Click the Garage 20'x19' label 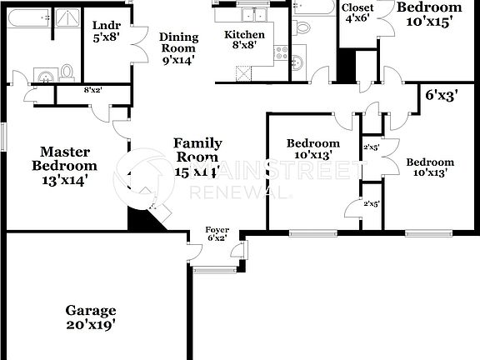coord(90,317)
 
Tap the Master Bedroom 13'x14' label coord(64,164)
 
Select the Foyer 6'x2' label coord(217,233)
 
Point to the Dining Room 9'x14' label coord(178,48)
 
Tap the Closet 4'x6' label coord(358,13)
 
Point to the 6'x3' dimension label coord(442,95)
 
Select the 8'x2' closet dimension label coord(92,91)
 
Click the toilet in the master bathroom coord(67,72)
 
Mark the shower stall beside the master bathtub coord(67,20)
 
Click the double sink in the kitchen coord(251,14)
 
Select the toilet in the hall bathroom coord(302,27)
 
